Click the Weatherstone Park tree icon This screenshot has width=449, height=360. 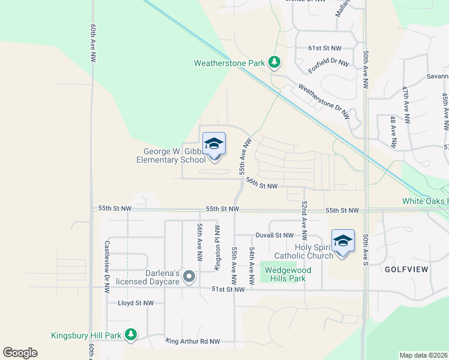tap(274, 62)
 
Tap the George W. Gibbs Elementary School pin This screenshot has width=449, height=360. tap(214, 146)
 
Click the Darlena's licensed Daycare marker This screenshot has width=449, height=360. tap(189, 277)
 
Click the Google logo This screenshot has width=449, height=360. tap(20, 353)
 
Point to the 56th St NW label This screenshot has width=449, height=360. tap(262, 187)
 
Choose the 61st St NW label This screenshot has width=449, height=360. tap(324, 48)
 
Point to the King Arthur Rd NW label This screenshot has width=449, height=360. tap(193, 341)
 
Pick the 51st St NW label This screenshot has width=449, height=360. tap(228, 289)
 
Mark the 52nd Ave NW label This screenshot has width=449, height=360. tap(305, 221)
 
